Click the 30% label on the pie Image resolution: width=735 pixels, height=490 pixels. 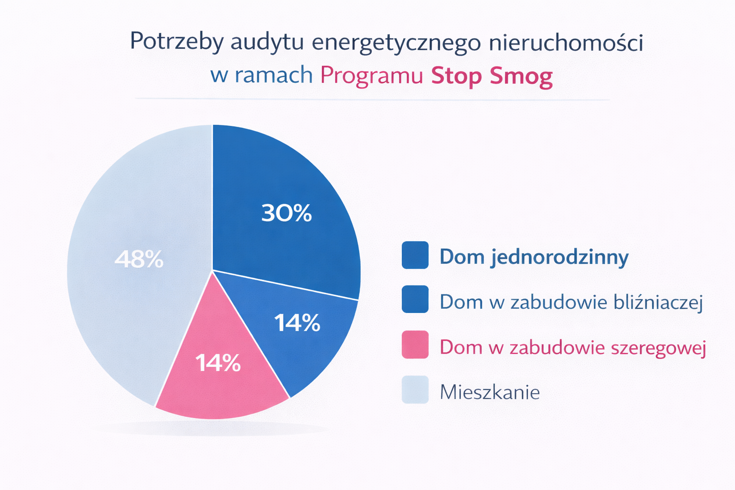[x=286, y=213]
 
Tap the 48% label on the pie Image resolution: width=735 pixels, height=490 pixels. [x=139, y=260]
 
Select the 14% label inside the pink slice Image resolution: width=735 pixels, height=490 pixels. [x=218, y=363]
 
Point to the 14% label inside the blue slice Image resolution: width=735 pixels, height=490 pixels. [x=297, y=323]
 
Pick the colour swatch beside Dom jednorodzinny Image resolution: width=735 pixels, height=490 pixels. [x=415, y=255]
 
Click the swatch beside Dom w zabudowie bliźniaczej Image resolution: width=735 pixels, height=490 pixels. [x=415, y=300]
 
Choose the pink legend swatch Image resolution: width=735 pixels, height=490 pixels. [x=415, y=345]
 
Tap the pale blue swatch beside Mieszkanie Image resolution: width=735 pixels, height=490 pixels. [x=415, y=390]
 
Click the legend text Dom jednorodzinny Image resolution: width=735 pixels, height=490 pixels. [x=534, y=257]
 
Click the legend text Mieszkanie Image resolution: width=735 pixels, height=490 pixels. [x=490, y=392]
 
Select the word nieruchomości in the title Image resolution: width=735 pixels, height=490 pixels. [x=566, y=43]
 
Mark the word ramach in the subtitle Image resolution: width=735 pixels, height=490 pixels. [x=274, y=76]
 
